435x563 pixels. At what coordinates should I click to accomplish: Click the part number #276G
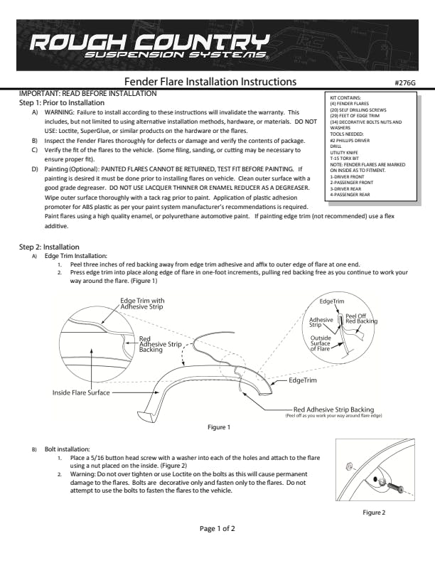pos(404,82)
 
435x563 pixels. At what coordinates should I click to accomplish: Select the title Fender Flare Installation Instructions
pos(210,82)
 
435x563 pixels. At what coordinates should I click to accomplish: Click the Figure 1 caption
pos(218,427)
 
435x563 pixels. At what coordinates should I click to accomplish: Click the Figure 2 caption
pos(373,512)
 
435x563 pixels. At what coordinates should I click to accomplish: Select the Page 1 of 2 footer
pos(217,528)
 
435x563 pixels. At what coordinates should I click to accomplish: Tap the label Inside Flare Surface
pos(80,392)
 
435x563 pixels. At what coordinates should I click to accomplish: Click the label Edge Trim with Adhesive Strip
pos(142,304)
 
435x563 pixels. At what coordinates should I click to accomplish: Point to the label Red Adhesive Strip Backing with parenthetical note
pos(333,411)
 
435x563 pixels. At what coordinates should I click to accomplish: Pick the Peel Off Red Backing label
pos(361,318)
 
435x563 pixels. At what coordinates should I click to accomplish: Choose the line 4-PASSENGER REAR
pos(350,194)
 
